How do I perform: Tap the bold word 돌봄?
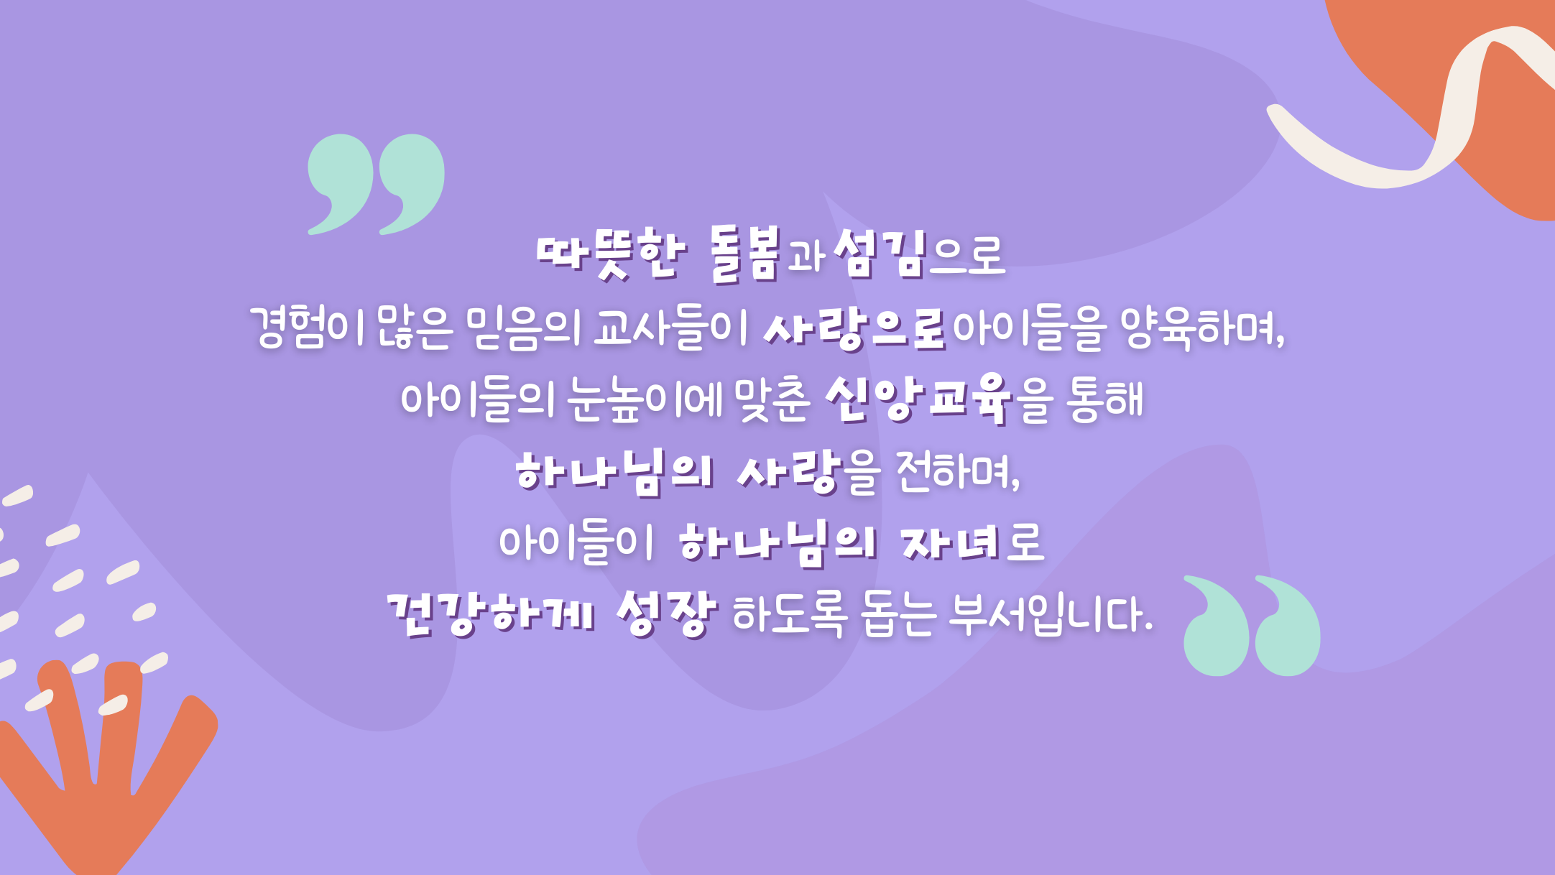744,254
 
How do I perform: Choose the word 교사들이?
671,328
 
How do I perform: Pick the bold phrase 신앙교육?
918,399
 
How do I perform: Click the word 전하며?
958,472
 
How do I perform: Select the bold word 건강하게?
491,614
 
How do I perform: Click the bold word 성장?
667,614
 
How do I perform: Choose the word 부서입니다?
1050,615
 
